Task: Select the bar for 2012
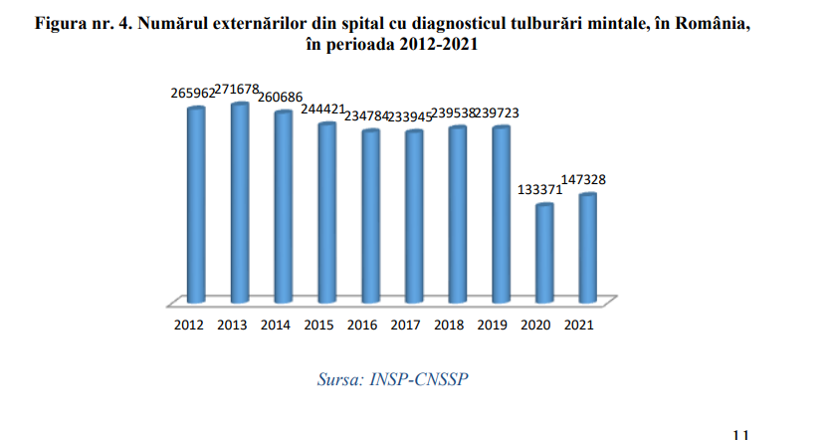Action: point(196,204)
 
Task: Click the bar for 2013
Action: point(239,202)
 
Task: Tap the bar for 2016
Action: point(369,215)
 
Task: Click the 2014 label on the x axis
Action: point(276,325)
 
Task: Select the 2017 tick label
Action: point(406,325)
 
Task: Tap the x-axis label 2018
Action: point(450,325)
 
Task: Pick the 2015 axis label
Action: point(319,325)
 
